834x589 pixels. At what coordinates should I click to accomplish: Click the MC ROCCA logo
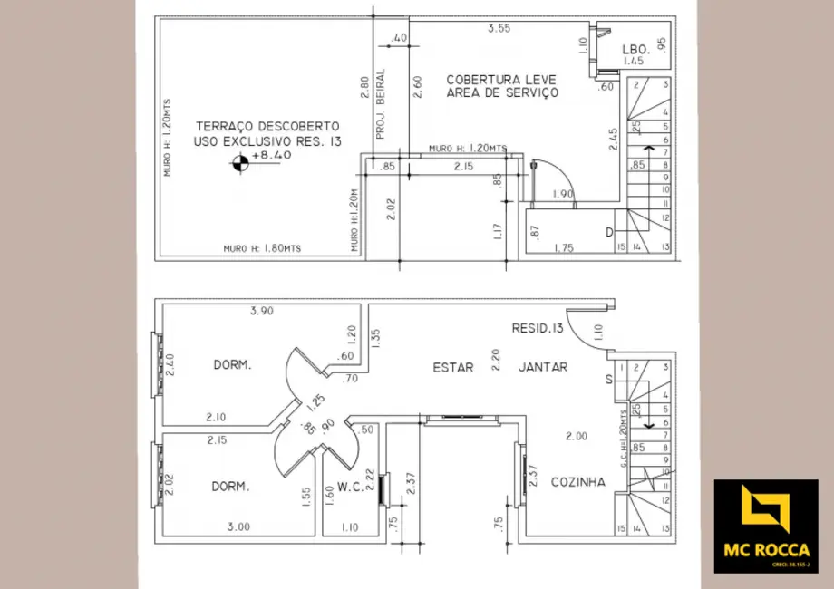[765, 526]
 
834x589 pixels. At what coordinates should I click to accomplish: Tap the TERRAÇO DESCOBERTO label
[267, 126]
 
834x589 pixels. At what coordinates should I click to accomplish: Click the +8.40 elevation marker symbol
[240, 164]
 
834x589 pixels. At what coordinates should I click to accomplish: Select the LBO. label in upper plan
[633, 49]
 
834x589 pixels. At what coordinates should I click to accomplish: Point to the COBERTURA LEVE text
[501, 80]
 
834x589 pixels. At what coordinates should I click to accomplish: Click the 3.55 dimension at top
[499, 29]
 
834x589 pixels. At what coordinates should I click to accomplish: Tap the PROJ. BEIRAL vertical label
[381, 103]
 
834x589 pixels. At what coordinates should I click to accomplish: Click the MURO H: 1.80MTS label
[263, 248]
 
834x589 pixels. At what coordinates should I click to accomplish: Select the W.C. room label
[350, 487]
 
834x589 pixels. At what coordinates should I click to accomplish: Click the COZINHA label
[577, 482]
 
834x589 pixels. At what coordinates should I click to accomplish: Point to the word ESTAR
[452, 367]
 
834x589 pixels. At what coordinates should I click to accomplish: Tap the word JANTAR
[543, 367]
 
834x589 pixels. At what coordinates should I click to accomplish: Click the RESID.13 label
[538, 328]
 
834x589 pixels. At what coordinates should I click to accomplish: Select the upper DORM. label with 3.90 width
[232, 365]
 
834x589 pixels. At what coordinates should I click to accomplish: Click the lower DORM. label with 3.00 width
[230, 487]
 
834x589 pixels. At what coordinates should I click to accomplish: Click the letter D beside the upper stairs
[607, 233]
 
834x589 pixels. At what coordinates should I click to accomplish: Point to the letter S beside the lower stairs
[608, 380]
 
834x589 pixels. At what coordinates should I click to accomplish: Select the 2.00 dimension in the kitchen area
[576, 436]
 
